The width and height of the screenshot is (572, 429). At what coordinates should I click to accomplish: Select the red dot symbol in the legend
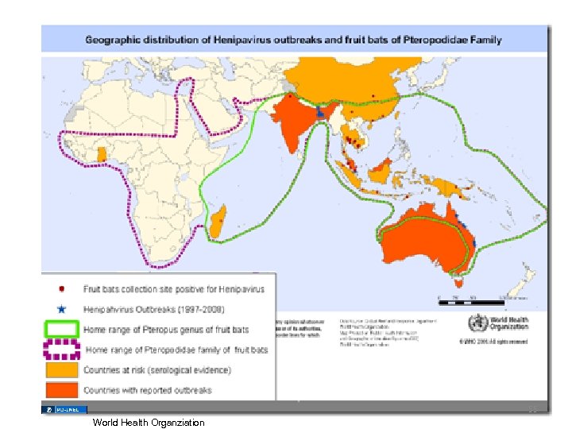pos(62,289)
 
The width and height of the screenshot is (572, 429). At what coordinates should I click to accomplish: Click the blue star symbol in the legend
pos(62,308)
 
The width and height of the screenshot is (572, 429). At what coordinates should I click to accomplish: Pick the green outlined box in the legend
pos(62,328)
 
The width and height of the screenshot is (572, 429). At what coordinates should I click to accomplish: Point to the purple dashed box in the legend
pos(62,349)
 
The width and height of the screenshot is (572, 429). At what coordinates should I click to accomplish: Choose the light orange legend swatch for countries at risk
pos(62,370)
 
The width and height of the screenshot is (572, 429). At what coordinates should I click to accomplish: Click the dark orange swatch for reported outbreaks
pos(62,389)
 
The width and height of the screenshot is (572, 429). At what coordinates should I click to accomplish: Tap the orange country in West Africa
pos(101,153)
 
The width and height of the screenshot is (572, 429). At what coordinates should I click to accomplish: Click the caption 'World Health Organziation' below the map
pos(148,423)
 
